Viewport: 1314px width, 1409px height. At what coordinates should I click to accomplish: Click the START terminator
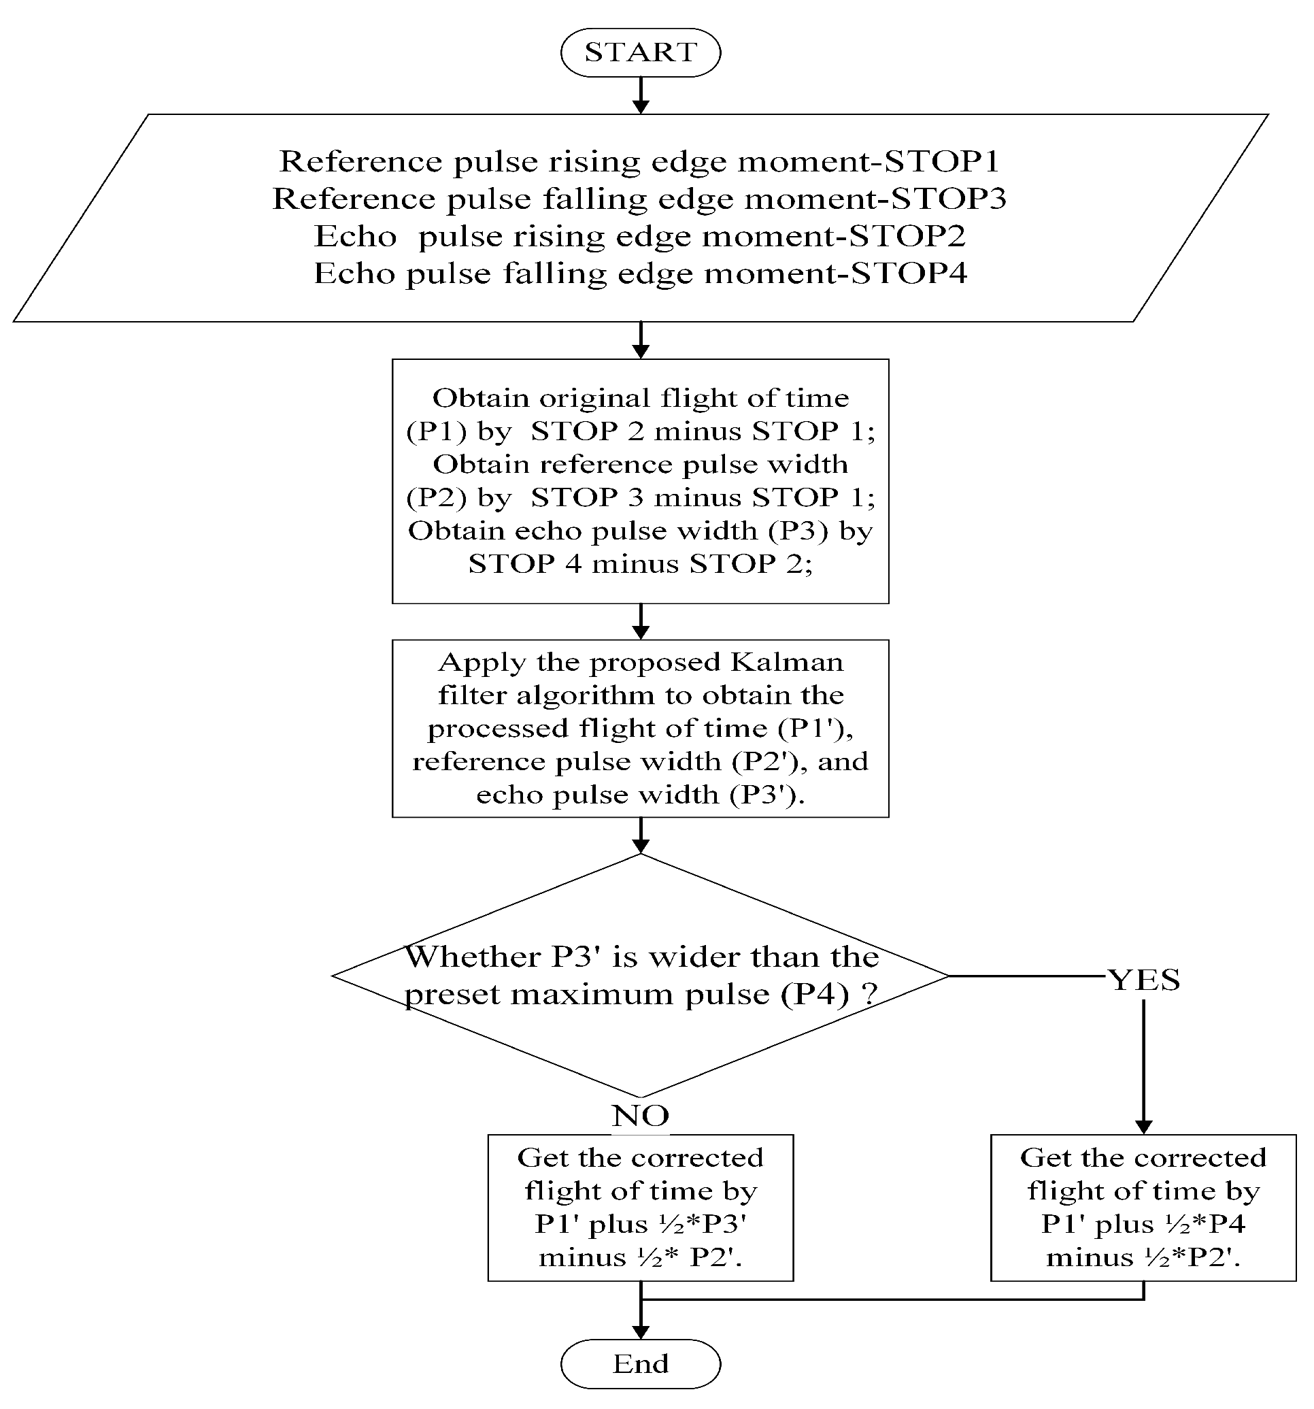(641, 52)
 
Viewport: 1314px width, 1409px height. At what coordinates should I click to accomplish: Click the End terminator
(641, 1363)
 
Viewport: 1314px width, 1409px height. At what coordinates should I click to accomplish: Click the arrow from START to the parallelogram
(641, 95)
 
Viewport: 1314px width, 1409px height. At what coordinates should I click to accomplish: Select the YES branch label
(1143, 980)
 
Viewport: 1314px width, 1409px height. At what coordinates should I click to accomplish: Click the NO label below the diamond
(641, 1116)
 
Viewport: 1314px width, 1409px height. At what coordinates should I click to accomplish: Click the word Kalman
(786, 663)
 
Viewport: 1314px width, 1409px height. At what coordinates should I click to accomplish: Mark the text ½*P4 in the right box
(1204, 1224)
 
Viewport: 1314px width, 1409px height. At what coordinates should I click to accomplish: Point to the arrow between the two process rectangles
(641, 622)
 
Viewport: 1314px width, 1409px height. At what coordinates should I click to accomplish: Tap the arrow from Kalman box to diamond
(641, 835)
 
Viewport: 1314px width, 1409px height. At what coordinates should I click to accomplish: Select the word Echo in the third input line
(355, 237)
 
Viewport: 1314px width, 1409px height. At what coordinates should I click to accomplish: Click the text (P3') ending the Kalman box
(766, 795)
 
